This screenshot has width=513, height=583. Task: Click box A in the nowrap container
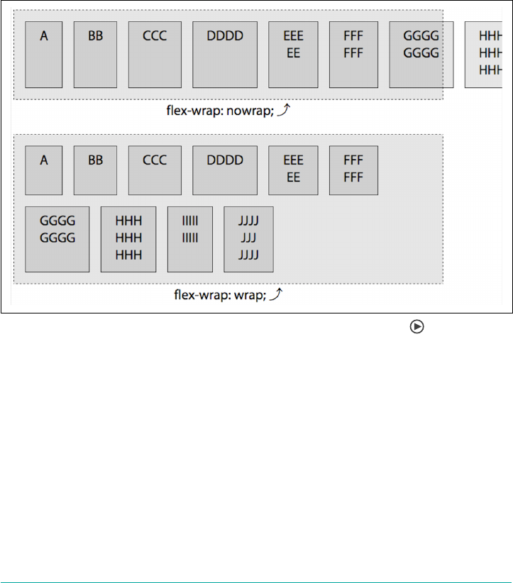[44, 54]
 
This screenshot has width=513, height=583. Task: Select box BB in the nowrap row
[95, 54]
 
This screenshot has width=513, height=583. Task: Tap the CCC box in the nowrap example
[155, 54]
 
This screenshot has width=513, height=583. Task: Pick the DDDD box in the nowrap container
[225, 54]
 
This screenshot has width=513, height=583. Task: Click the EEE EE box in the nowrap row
[293, 54]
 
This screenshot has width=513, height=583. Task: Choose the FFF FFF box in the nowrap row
[353, 54]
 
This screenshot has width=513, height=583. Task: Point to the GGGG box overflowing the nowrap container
[421, 54]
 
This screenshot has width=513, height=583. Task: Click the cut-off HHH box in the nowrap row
[488, 54]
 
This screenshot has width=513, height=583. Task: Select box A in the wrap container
[44, 170]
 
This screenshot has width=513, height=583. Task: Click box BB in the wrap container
[95, 170]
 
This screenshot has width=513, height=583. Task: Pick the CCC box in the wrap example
[155, 170]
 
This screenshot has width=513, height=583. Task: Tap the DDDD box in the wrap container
[225, 170]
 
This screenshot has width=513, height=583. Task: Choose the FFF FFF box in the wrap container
[353, 170]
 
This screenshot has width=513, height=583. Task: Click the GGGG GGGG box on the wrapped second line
[57, 239]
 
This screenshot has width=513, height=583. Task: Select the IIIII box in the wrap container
[190, 239]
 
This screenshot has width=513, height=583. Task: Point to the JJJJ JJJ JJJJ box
[248, 239]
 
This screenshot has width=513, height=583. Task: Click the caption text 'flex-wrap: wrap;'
[220, 295]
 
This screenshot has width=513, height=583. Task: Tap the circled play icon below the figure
[417, 326]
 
